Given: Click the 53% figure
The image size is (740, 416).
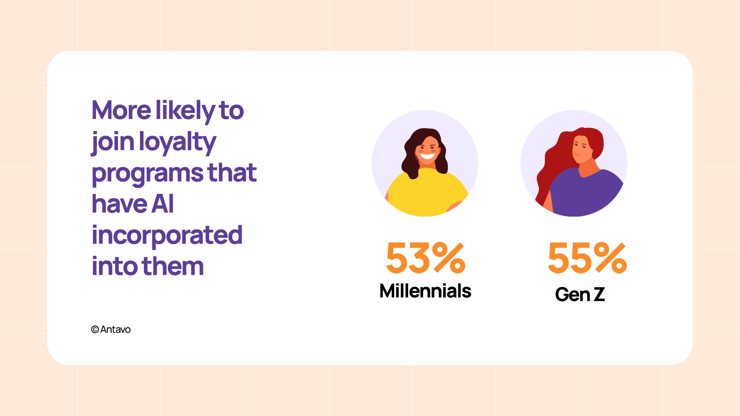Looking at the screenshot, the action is tap(426, 258).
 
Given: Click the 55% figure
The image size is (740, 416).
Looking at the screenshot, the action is tap(587, 258).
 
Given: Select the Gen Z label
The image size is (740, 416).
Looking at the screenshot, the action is tap(580, 294).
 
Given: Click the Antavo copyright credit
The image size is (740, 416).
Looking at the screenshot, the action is tap(111, 329).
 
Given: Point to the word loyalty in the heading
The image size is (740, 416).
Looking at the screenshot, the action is tap(178, 143).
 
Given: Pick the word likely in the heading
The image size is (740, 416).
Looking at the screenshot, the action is tap(186, 111).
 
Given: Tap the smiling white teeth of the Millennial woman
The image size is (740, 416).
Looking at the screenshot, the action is tap(427, 156).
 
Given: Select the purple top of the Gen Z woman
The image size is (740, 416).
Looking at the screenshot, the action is tap(586, 194).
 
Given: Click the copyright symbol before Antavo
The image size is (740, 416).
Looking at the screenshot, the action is tap(95, 329).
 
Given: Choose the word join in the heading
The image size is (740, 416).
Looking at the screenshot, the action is tap(113, 143).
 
